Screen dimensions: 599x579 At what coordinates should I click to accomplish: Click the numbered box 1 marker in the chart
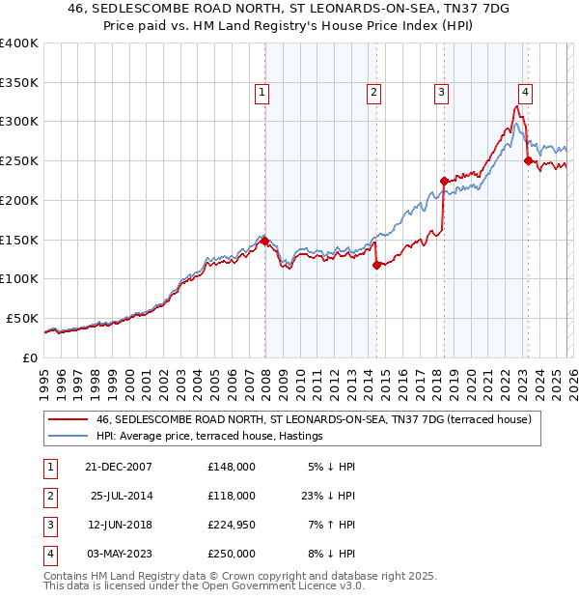[262, 93]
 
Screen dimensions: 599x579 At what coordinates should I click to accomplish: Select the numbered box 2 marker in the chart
[373, 93]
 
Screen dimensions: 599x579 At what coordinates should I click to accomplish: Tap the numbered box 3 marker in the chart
[441, 93]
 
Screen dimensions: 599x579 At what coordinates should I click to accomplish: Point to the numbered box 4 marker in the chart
[525, 93]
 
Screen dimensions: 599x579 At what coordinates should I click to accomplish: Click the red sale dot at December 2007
[264, 242]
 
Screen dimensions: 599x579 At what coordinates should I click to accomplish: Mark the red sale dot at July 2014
[376, 265]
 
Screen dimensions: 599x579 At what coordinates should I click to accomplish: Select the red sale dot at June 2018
[444, 181]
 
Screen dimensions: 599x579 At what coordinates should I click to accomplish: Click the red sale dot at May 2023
[528, 160]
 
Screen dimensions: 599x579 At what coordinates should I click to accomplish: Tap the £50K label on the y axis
[21, 318]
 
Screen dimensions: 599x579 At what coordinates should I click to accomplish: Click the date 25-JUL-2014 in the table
[124, 496]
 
